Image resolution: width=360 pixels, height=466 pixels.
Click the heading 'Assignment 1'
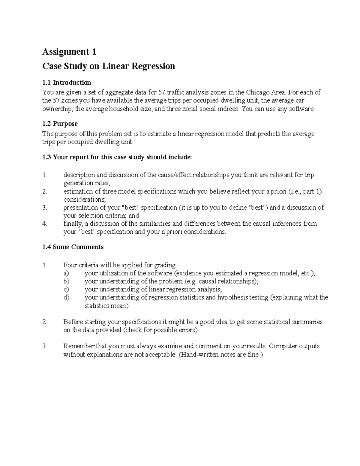69,52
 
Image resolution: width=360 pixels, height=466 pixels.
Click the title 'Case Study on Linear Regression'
109,66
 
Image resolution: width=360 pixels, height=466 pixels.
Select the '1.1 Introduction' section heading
67,83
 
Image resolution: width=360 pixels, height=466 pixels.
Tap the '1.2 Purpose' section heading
60,124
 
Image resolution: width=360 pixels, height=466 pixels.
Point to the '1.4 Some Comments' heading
73,247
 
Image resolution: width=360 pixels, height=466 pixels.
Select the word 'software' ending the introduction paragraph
301,109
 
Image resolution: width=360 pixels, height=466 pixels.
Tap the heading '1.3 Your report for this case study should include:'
117,157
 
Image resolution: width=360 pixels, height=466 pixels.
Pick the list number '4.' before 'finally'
45,224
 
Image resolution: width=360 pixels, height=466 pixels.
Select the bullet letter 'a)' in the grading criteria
66,273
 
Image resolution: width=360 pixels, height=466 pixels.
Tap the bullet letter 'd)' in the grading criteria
66,298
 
